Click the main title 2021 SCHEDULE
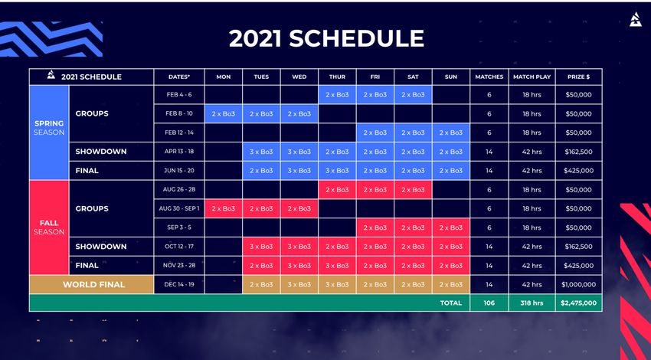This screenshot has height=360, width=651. point(326,38)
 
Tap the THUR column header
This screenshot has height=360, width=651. point(337,77)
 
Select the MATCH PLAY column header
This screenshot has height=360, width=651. point(532,77)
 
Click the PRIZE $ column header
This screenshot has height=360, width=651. point(579,77)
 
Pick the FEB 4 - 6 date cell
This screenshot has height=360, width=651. point(179,95)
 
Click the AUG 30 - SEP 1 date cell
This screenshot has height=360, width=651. point(179,208)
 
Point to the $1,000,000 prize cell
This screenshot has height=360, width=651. point(579,284)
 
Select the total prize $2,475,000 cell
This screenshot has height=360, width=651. point(579,303)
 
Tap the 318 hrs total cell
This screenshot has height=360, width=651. point(532,303)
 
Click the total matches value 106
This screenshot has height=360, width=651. point(489,303)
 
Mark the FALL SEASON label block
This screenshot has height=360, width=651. point(49,227)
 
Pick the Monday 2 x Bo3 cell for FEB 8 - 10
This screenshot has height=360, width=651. point(224,114)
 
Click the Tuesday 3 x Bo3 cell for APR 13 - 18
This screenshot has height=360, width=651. point(261,152)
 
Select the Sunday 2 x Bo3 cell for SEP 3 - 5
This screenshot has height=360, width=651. point(451,227)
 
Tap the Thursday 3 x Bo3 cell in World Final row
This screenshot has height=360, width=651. point(337,284)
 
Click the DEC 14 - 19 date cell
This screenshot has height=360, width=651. point(179,284)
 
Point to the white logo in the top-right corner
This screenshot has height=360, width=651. point(635,19)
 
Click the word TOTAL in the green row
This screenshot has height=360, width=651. point(451,303)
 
